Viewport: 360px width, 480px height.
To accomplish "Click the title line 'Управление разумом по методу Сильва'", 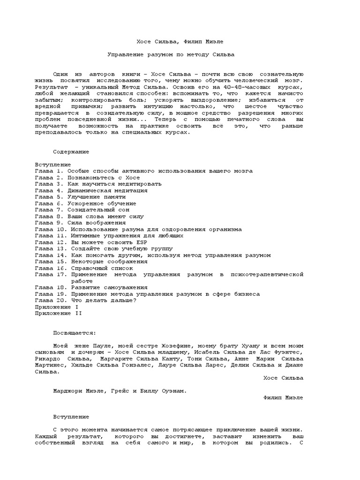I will click(x=171, y=55).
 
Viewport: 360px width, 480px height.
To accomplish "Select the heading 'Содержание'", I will click(x=71, y=152).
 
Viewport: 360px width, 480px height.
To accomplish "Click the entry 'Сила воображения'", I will click(x=98, y=223).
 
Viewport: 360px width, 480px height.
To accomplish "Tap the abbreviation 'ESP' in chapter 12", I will click(x=135, y=242).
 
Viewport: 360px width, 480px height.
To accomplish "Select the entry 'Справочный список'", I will click(x=99, y=268).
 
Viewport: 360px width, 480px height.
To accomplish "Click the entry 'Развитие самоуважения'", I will click(x=109, y=287).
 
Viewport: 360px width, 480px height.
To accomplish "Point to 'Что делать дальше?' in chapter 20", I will click(x=104, y=300).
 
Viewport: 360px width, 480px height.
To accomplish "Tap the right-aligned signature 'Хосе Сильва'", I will click(x=283, y=378).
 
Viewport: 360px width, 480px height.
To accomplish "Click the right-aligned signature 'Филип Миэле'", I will click(x=283, y=397).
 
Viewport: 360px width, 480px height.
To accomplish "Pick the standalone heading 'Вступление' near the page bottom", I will click(x=71, y=417).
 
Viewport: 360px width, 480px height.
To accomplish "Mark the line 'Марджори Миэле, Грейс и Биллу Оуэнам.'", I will click(x=120, y=391).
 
